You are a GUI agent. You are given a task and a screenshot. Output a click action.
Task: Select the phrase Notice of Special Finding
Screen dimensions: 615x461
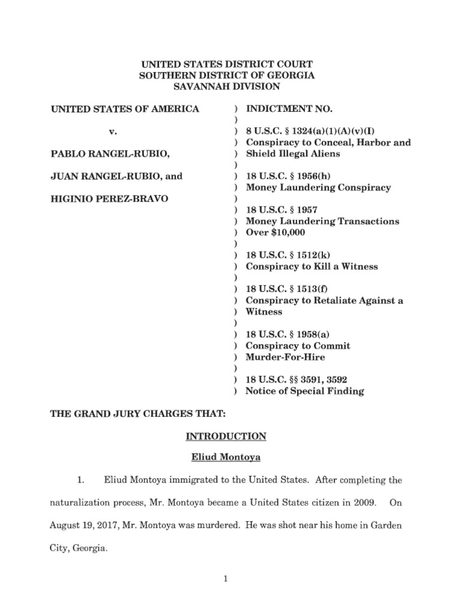pyautogui.click(x=305, y=391)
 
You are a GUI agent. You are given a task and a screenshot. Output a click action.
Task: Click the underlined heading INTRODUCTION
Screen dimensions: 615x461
pyautogui.click(x=226, y=436)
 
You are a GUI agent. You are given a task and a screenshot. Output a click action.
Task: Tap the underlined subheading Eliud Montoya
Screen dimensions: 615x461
pyautogui.click(x=226, y=458)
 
